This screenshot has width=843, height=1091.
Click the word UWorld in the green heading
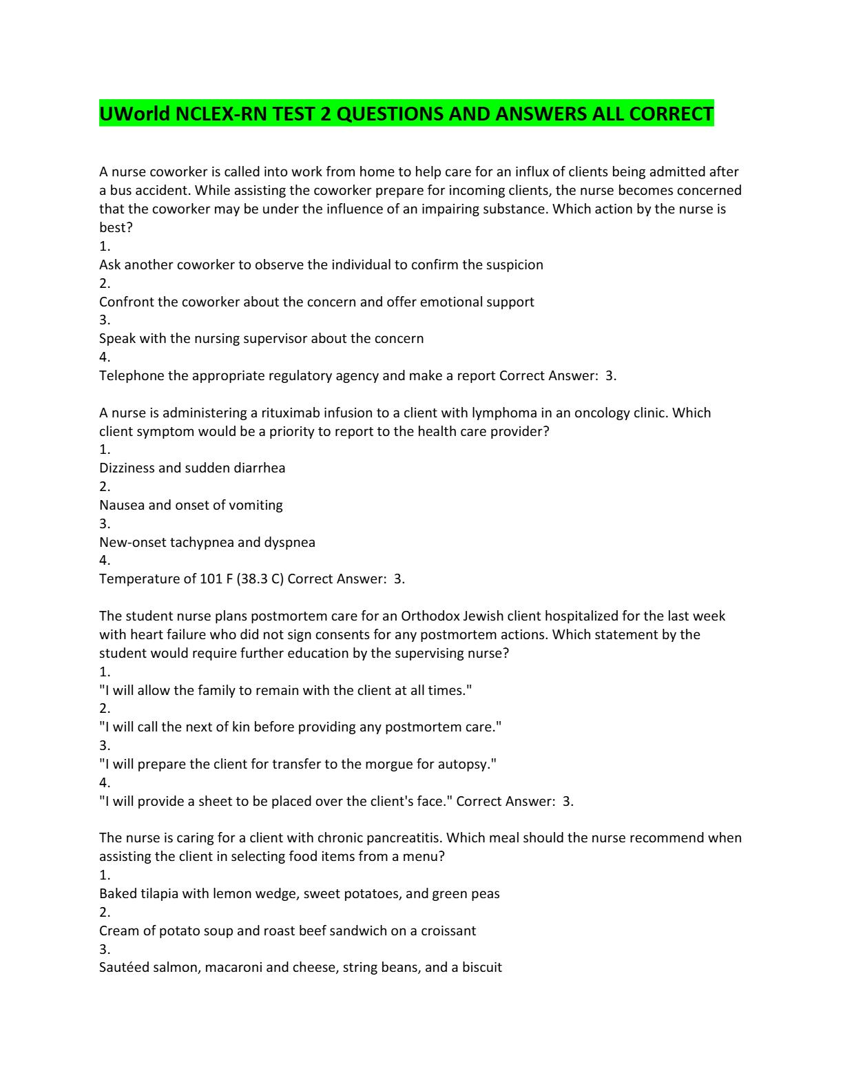coord(134,114)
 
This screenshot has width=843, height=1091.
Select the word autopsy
coord(469,765)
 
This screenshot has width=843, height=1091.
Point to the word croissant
coord(443,931)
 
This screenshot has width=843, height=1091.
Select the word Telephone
coord(132,376)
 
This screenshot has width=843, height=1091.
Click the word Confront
coord(125,302)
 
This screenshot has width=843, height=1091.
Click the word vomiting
coord(256,506)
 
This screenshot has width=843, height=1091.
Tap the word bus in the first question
coord(120,191)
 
